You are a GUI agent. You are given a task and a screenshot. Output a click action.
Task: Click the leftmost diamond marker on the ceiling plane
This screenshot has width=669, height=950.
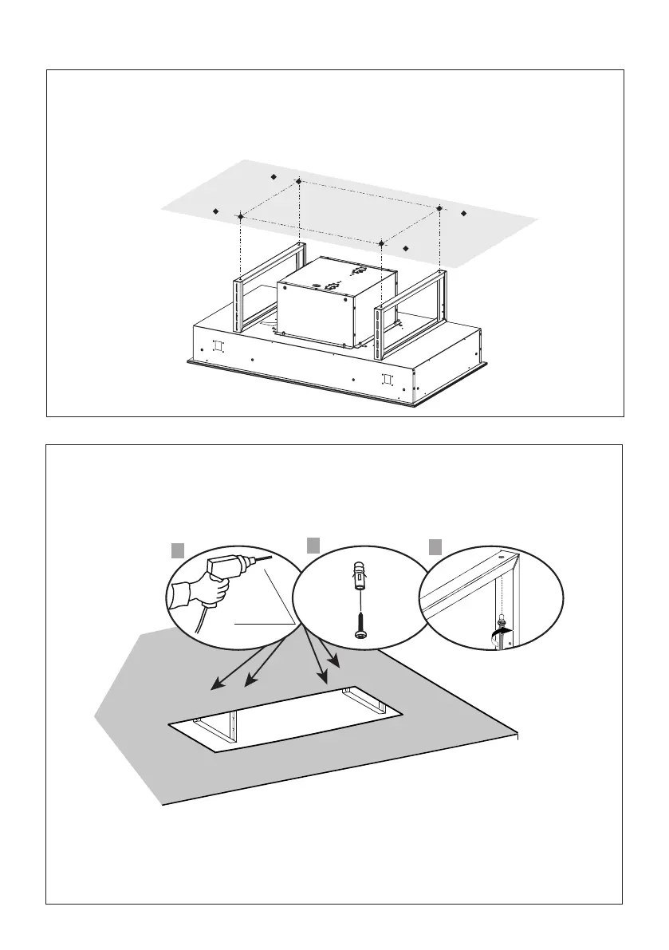(215, 211)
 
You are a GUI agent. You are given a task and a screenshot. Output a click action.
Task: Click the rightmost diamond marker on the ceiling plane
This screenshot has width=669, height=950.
(464, 213)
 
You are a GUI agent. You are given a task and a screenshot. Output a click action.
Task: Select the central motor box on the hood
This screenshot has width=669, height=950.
(336, 303)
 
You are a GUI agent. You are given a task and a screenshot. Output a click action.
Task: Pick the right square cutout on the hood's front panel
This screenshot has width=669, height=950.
(388, 379)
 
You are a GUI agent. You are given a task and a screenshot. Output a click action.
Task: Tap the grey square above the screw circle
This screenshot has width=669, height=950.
(313, 546)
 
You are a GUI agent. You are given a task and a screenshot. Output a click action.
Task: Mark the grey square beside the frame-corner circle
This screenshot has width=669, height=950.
(435, 546)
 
